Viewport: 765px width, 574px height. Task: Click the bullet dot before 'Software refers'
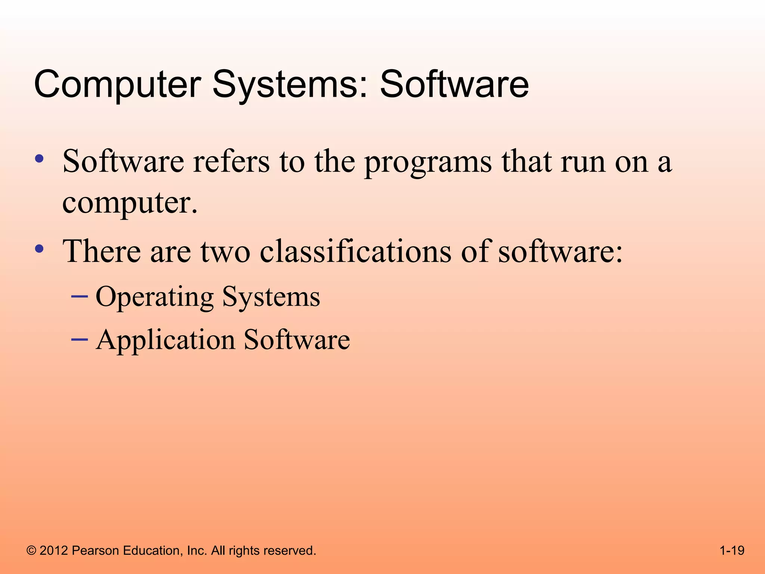(39, 159)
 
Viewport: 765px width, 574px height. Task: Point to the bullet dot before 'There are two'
(39, 249)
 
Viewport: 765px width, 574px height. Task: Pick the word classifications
(356, 251)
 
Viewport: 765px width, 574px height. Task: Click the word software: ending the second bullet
(561, 251)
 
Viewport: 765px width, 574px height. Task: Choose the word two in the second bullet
(225, 252)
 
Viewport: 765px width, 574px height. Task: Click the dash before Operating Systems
(79, 296)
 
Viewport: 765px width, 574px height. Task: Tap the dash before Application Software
(79, 339)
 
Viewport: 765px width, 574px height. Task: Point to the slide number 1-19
(732, 551)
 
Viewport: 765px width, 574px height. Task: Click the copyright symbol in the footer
(31, 551)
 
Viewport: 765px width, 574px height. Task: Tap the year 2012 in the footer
(54, 551)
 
